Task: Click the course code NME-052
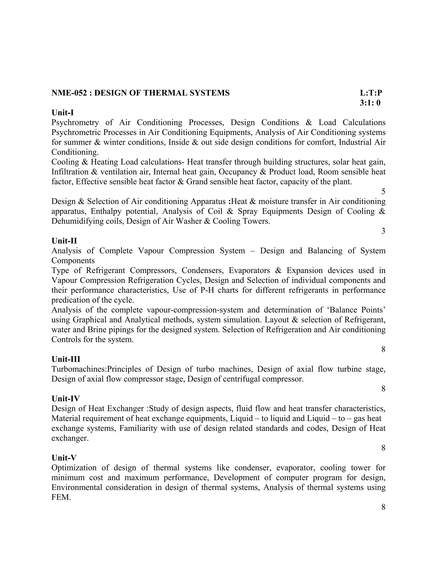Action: coord(69,93)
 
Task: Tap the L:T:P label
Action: coord(371,93)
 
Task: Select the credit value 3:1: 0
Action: coord(370,103)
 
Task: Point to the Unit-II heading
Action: coord(64,241)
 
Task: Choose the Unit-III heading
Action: coord(66,359)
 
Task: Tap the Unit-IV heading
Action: coord(66,399)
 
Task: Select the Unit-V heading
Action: coord(64,458)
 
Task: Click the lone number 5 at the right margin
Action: coord(383,192)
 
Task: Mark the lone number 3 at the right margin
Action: coord(383,231)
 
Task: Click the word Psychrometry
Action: coord(75,123)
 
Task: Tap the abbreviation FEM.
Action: coord(61,497)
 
